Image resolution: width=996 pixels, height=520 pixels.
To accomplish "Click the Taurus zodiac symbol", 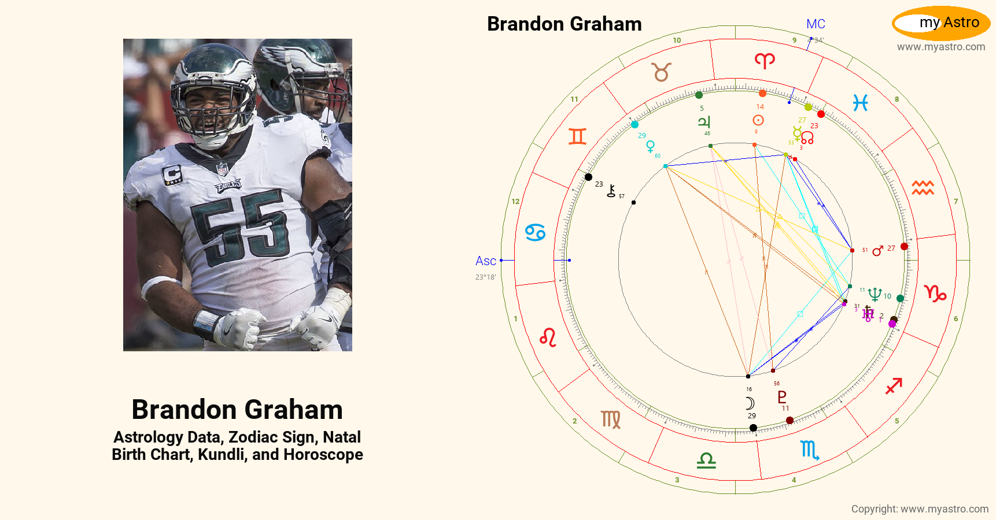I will (662, 72).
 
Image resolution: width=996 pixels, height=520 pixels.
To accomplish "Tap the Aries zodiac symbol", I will (765, 60).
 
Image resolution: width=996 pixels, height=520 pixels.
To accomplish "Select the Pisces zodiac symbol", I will (860, 103).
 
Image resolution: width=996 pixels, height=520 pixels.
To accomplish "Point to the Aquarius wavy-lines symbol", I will (923, 188).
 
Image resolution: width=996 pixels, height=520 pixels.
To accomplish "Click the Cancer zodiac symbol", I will (535, 232).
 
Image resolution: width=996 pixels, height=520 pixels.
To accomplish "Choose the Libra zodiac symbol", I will (706, 460).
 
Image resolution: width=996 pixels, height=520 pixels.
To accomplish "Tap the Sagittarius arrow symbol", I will (894, 385).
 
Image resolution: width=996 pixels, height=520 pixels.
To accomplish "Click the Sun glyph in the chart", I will (758, 120).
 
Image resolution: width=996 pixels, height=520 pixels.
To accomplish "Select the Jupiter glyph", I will (704, 121).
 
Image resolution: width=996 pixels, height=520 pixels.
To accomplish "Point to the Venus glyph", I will (651, 146).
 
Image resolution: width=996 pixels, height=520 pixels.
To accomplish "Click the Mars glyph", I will (877, 250).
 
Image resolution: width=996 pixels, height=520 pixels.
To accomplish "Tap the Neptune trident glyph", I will (875, 295).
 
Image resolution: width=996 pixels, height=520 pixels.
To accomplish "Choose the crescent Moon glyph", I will (750, 403).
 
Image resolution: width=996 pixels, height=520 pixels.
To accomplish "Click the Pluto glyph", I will (782, 397).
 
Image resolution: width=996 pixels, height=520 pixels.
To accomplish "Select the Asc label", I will (486, 261).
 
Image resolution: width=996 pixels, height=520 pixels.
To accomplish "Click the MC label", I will (816, 24).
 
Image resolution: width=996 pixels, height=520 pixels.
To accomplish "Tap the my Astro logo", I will (941, 23).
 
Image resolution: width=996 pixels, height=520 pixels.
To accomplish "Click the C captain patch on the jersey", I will (172, 174).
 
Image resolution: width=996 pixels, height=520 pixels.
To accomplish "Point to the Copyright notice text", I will (920, 509).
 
